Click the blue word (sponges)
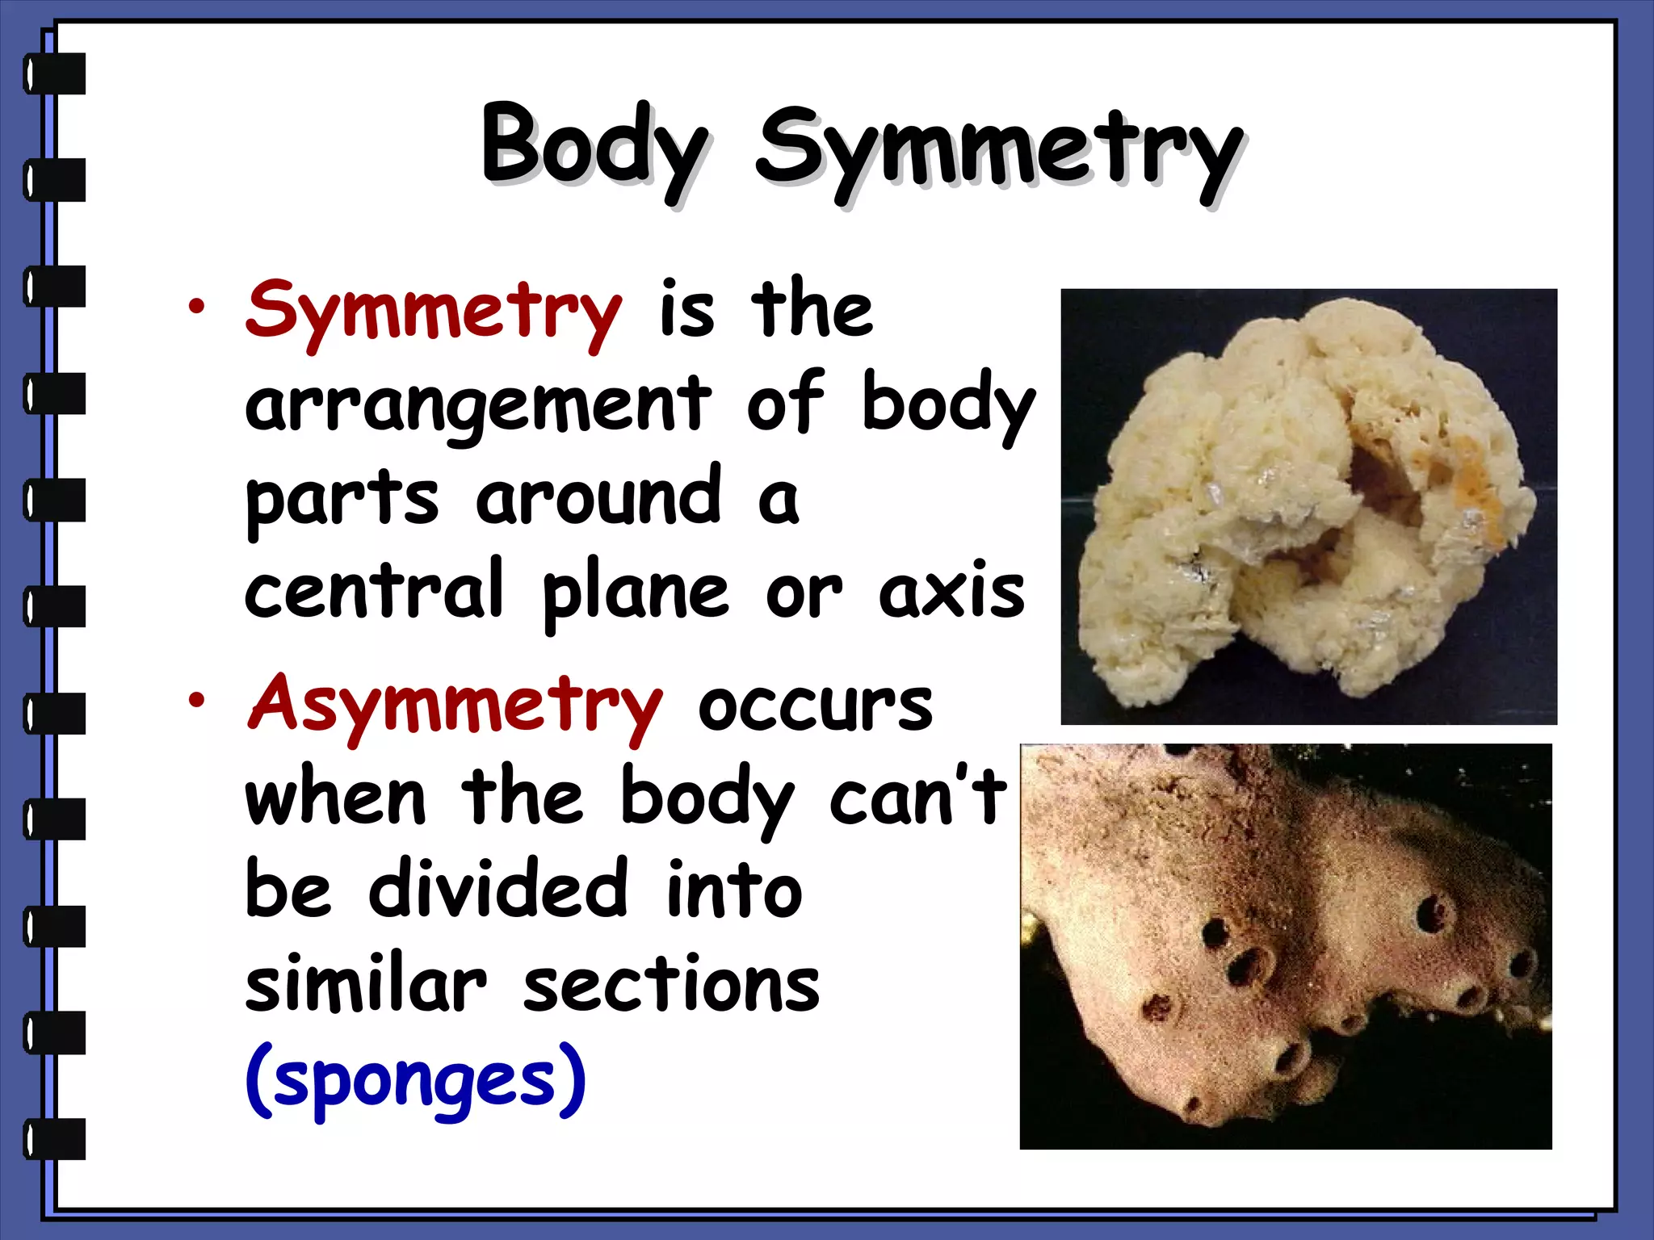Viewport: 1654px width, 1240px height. [415, 1080]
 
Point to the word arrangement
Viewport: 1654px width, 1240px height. [478, 404]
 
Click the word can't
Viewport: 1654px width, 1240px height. [917, 797]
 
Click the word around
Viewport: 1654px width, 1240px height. [598, 496]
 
